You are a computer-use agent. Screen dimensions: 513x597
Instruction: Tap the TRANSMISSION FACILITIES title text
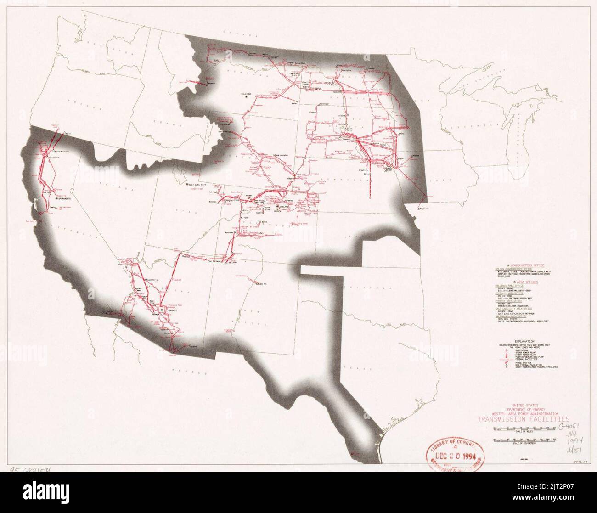pos(523,418)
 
